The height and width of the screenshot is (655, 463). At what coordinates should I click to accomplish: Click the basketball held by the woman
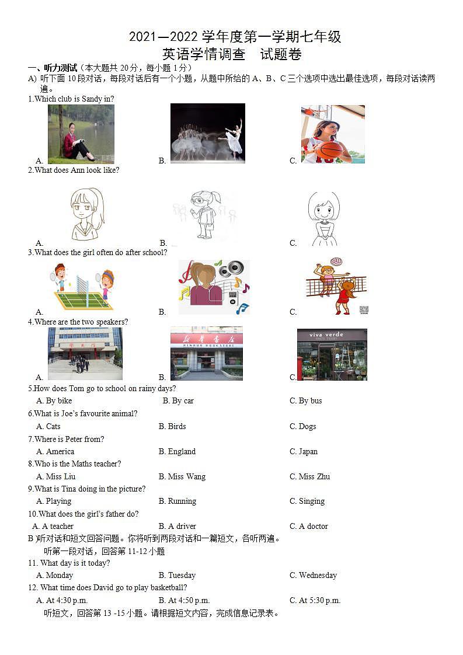click(330, 150)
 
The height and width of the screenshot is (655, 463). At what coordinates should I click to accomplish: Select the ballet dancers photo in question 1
click(207, 133)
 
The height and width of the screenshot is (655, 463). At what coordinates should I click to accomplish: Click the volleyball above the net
click(336, 262)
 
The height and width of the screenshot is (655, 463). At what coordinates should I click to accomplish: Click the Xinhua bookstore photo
click(206, 353)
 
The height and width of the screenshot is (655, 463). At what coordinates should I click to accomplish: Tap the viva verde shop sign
click(327, 335)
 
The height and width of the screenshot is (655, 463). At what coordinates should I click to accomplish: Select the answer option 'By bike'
click(54, 400)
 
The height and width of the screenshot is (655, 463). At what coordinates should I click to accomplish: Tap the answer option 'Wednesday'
click(314, 575)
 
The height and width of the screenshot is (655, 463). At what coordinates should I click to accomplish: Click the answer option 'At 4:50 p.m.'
click(184, 600)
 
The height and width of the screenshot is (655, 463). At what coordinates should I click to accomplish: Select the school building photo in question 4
click(85, 353)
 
